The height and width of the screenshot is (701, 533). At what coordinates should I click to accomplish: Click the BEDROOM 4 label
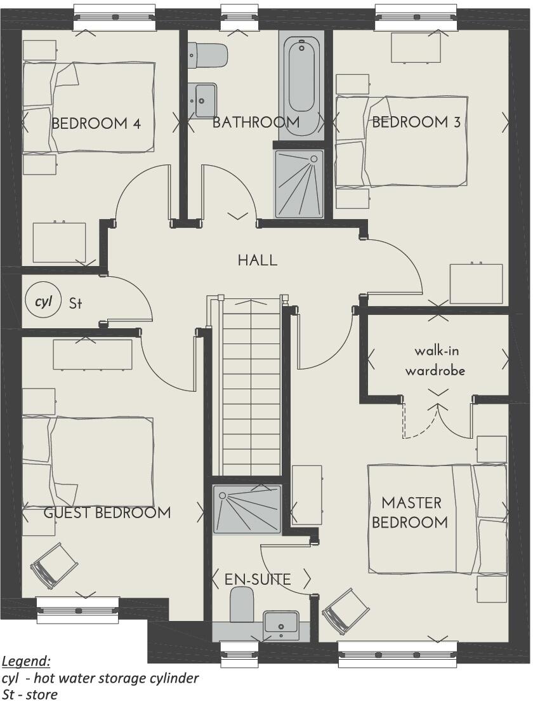point(95,123)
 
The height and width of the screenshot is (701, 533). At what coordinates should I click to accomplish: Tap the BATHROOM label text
point(256,122)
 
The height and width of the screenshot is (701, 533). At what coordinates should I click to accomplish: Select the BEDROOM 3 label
point(416,122)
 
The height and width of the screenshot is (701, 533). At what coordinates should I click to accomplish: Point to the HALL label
point(257,260)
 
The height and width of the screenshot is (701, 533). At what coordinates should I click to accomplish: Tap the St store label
point(76,304)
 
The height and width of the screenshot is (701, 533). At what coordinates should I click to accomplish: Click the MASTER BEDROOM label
point(411,512)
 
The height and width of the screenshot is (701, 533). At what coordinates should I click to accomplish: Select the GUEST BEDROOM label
point(107,512)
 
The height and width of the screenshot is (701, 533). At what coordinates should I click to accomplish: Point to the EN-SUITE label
point(258,579)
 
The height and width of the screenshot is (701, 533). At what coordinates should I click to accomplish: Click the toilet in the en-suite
point(241,604)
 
